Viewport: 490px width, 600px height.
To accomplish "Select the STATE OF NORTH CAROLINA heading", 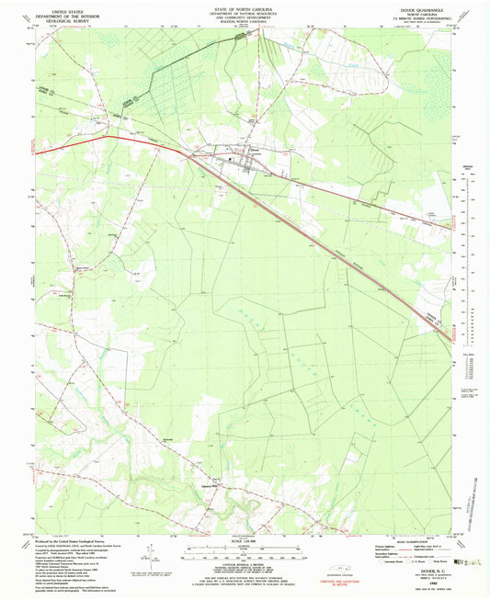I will [245, 7].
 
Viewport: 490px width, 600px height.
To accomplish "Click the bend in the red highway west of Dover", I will [110, 138].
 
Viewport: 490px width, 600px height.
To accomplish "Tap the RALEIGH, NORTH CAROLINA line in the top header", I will [245, 24].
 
